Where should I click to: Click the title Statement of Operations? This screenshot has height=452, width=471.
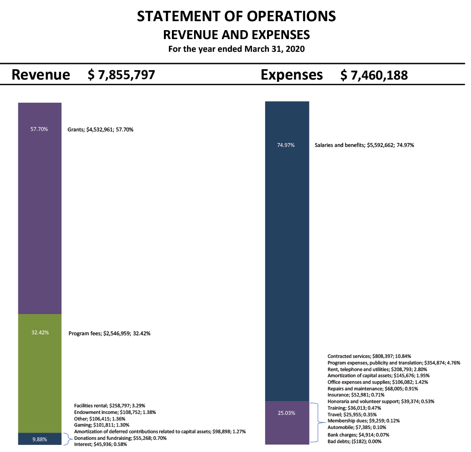[236, 16]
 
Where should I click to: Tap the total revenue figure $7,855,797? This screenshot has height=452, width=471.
[121, 75]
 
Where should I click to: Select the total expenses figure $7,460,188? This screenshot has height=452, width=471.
[374, 75]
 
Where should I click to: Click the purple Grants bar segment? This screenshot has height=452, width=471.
[40, 208]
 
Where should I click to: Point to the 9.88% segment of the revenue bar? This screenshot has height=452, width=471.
[40, 439]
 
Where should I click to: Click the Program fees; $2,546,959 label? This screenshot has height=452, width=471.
[110, 333]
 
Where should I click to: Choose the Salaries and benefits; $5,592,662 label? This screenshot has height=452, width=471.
[364, 145]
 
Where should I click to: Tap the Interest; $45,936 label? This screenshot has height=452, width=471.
[101, 444]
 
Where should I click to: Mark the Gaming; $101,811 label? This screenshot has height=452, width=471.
[102, 425]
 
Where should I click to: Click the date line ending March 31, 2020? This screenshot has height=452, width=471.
[236, 49]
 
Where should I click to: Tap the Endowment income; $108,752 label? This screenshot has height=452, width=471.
[115, 412]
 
